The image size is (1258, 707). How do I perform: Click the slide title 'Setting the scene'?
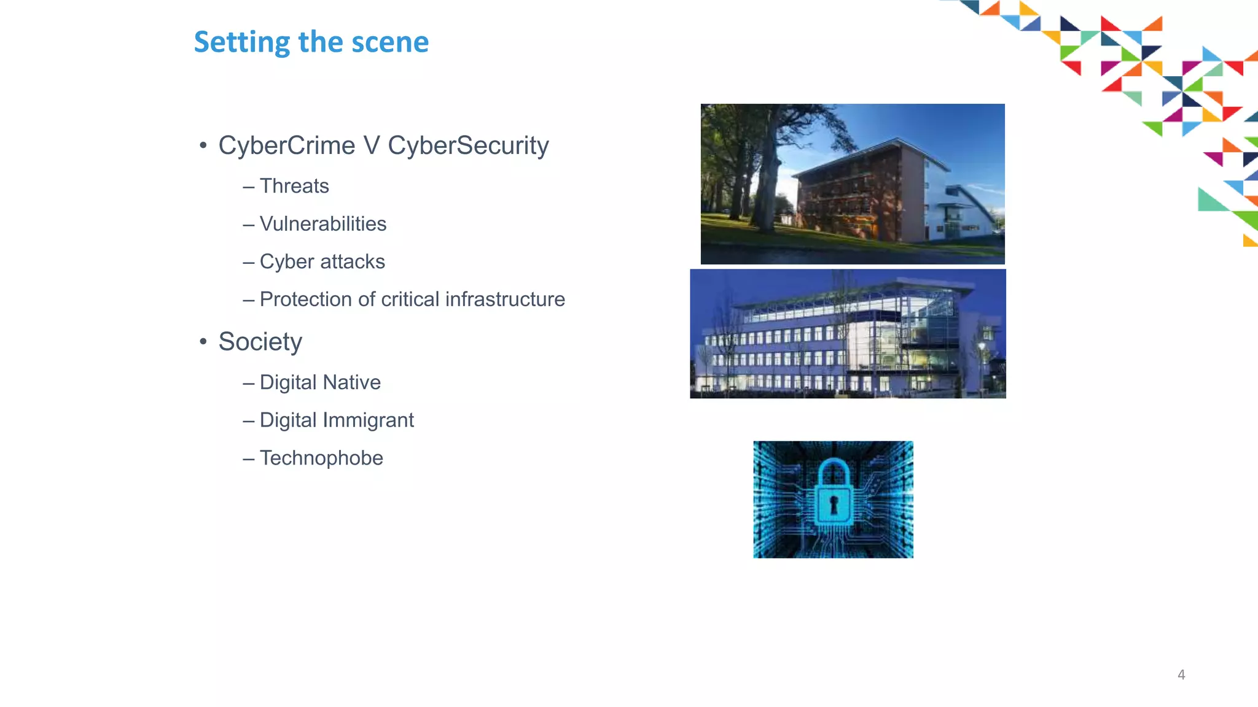click(311, 42)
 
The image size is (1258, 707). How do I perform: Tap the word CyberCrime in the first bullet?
click(287, 145)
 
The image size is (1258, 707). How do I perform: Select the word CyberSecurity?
click(468, 145)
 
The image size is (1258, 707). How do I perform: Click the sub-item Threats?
click(294, 186)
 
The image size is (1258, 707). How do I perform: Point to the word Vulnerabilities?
click(323, 224)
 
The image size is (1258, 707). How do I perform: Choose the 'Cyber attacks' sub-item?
click(322, 261)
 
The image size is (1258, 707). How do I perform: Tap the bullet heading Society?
click(260, 342)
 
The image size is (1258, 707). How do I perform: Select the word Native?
click(351, 382)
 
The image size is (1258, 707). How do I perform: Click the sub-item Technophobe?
click(321, 458)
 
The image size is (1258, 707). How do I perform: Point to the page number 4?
click(1181, 675)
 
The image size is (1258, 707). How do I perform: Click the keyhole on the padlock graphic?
click(834, 505)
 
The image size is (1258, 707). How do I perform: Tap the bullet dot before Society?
click(203, 342)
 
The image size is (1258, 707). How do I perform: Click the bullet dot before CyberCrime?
click(203, 146)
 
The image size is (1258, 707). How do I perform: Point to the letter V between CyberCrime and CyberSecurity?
click(372, 145)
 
